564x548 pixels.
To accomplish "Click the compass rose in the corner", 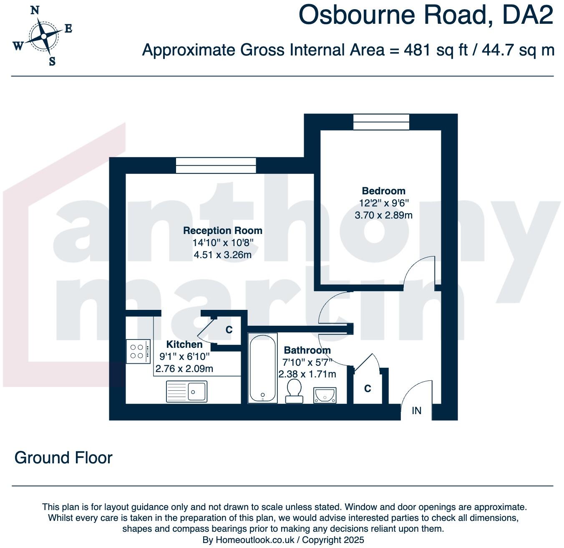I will tap(43, 36).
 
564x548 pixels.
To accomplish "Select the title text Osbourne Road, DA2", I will tap(426, 15).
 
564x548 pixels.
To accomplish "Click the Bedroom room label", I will tap(383, 191).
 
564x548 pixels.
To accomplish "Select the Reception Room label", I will tap(223, 231).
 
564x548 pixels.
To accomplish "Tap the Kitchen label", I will tap(184, 344).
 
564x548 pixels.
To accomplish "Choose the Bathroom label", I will tap(307, 350).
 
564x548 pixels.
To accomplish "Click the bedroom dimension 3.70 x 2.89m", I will tap(383, 215).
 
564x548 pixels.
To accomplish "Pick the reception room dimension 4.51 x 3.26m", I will tap(223, 255).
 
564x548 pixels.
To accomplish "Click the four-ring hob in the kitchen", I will tap(138, 351).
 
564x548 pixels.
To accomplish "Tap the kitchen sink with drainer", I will tap(186, 392).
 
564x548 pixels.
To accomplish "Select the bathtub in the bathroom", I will tap(262, 368).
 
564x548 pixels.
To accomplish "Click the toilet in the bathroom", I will tap(295, 390).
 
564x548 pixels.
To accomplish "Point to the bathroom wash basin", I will tap(325, 395).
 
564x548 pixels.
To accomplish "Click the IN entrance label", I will tap(416, 411).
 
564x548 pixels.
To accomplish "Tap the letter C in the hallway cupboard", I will tap(368, 389).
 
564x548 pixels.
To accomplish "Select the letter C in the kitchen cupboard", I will tap(229, 330).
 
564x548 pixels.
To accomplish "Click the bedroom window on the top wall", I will tap(381, 122).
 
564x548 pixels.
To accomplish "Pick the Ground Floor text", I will tap(63, 458).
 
